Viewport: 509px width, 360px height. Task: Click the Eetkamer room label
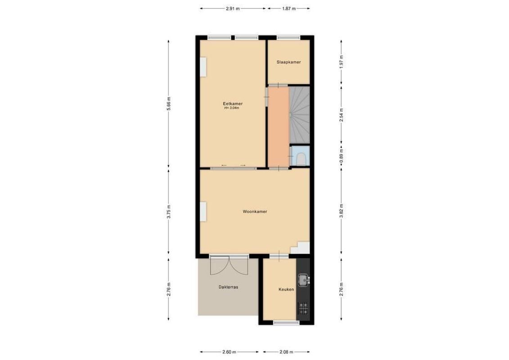click(232, 103)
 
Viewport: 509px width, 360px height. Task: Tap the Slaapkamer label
click(288, 62)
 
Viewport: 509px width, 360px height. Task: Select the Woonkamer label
click(254, 211)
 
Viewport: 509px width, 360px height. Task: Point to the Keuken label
click(286, 289)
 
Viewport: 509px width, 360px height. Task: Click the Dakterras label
click(228, 287)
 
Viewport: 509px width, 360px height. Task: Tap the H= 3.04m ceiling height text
click(232, 108)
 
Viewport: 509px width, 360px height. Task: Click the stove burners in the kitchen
click(303, 308)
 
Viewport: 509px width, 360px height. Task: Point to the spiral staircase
click(299, 115)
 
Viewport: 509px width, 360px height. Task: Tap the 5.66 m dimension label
click(169, 104)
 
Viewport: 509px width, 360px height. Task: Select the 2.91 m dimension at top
click(233, 8)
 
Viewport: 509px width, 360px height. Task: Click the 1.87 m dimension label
click(288, 8)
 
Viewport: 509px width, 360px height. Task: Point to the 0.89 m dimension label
click(341, 156)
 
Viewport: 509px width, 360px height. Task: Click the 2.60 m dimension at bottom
click(229, 352)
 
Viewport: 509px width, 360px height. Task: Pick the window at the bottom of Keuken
click(286, 322)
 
